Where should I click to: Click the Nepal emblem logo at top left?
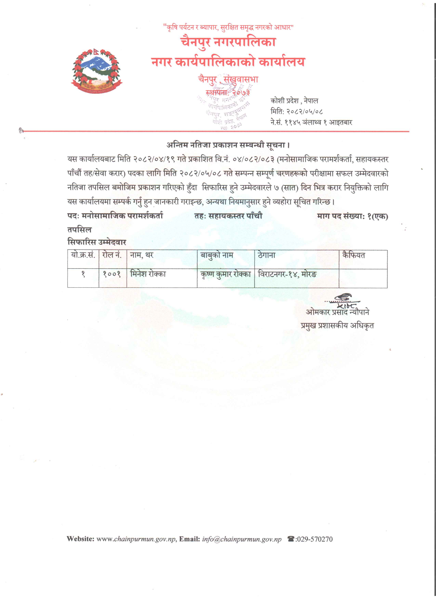coord(96,71)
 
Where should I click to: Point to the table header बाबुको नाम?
coord(217,255)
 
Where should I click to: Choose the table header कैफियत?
coord(354,255)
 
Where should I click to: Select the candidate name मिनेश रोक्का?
coord(148,274)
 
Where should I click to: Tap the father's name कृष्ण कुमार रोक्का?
coord(226,274)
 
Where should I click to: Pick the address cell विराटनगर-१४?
coord(287,274)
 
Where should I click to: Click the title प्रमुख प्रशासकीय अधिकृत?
coord(337,326)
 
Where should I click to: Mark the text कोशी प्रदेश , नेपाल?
coord(294,101)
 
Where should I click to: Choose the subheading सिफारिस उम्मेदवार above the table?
coord(97,242)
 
